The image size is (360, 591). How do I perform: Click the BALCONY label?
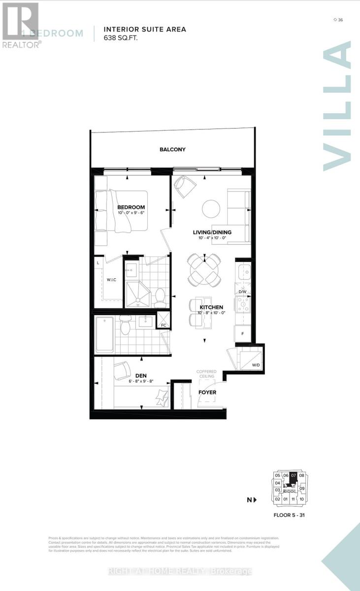[x=172, y=150]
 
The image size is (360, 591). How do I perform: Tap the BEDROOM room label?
[x=131, y=207]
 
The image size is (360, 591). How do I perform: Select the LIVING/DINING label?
[x=212, y=232]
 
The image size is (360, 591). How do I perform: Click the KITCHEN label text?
[x=211, y=307]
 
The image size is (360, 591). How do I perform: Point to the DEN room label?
[x=128, y=375]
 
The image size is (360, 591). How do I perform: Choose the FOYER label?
[x=207, y=393]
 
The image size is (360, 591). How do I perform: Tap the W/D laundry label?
[x=256, y=365]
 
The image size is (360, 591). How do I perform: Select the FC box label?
[x=164, y=326]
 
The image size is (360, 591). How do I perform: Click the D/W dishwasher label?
[x=242, y=292]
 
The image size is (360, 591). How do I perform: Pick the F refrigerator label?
[x=242, y=333]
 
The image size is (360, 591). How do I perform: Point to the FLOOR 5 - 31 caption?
[x=290, y=515]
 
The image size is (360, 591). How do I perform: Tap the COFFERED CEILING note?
[x=206, y=374]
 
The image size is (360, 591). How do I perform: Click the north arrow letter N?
[x=250, y=500]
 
